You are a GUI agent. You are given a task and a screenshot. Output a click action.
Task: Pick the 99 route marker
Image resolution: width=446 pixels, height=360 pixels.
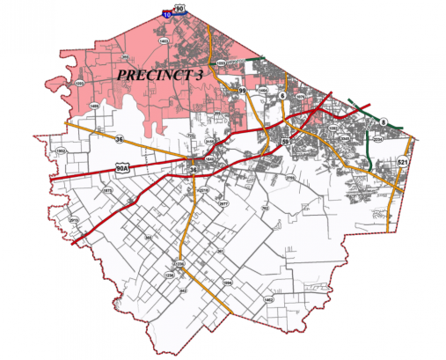pos(241,90)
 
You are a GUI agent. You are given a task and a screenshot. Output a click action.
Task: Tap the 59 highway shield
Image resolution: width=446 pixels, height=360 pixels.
pos(285,141)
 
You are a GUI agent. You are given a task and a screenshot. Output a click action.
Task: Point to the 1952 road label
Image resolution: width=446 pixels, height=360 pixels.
pos(61,152)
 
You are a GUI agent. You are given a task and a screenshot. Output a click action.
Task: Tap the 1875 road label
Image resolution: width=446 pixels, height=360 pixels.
pos(107,189)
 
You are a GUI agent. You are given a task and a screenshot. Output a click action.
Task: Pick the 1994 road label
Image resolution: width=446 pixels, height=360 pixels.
pos(227,283)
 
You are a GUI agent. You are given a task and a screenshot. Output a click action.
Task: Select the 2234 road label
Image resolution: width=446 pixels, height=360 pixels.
pos(377,140)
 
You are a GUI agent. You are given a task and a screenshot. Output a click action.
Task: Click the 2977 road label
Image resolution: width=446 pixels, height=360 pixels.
pos(223,203)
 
